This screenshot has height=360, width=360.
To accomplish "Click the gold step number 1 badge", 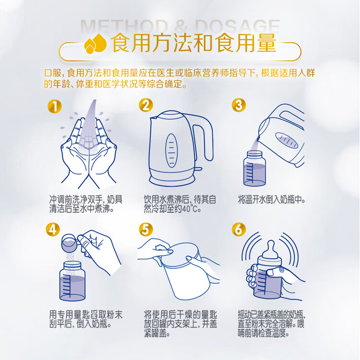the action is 55,106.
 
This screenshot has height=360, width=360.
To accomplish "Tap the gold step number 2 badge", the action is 146,106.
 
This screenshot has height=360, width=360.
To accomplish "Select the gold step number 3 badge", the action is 239,105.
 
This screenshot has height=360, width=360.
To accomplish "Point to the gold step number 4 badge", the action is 53,229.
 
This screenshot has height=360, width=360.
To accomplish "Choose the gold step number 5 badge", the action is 146,229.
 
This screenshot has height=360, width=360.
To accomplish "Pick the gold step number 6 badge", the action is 239,229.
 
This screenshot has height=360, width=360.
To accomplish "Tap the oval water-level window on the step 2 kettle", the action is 171,150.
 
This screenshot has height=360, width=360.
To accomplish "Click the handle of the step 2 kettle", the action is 203,140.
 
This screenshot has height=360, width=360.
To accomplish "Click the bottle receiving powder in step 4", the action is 72,281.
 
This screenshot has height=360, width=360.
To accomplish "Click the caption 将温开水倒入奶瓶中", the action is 272,200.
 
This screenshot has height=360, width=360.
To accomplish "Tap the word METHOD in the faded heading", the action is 124,26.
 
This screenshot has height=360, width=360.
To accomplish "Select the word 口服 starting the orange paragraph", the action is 53,73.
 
